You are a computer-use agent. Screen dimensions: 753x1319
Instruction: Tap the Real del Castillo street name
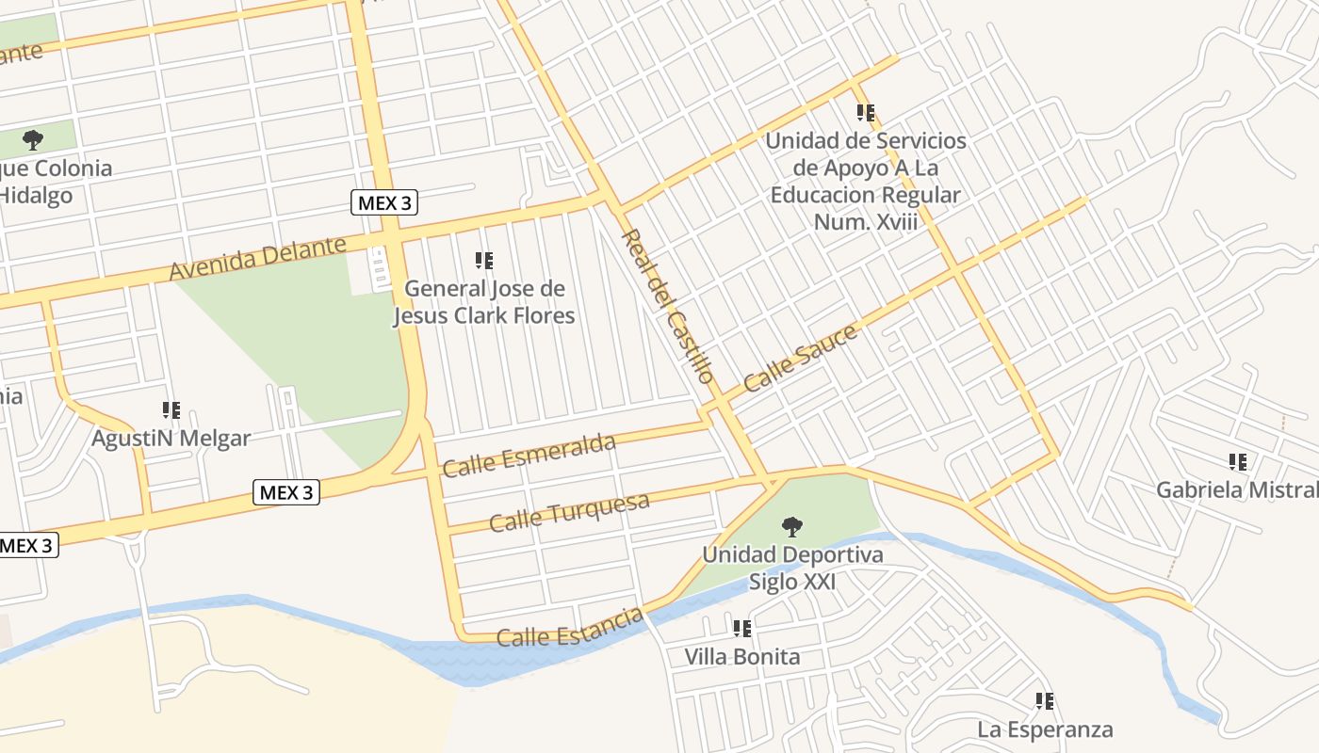pos(666,306)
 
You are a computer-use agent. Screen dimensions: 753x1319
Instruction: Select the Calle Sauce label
pos(800,359)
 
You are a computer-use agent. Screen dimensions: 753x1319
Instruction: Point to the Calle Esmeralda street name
pos(529,456)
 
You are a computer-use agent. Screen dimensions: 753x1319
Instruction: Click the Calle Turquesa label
pos(569,512)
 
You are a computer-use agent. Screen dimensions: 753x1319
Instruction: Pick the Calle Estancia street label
pos(569,628)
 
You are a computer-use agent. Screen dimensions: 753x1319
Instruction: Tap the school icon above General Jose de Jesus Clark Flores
pos(484,261)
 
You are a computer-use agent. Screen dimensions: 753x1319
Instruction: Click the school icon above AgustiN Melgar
pos(171,410)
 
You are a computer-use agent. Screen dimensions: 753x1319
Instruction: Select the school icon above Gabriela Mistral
pos(1238,462)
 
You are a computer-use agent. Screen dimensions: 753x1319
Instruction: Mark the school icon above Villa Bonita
pos(742,629)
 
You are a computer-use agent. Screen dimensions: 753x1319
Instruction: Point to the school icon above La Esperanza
pos(1045,701)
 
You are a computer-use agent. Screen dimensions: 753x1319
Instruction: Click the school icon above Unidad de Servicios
pos(866,113)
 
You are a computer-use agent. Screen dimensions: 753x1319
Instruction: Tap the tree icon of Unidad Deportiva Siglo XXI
pos(792,527)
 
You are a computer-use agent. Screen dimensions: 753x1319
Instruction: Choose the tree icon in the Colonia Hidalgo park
pos(33,141)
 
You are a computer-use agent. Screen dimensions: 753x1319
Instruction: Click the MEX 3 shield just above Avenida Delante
pos(384,202)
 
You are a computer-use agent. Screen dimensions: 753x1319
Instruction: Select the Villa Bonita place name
pos(742,657)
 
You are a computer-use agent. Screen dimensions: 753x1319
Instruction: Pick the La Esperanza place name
pos(1045,729)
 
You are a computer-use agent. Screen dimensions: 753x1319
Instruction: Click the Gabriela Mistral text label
pos(1237,490)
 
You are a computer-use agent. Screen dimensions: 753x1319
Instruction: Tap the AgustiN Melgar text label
pos(171,439)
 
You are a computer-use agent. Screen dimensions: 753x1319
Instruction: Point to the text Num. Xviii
pos(866,222)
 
